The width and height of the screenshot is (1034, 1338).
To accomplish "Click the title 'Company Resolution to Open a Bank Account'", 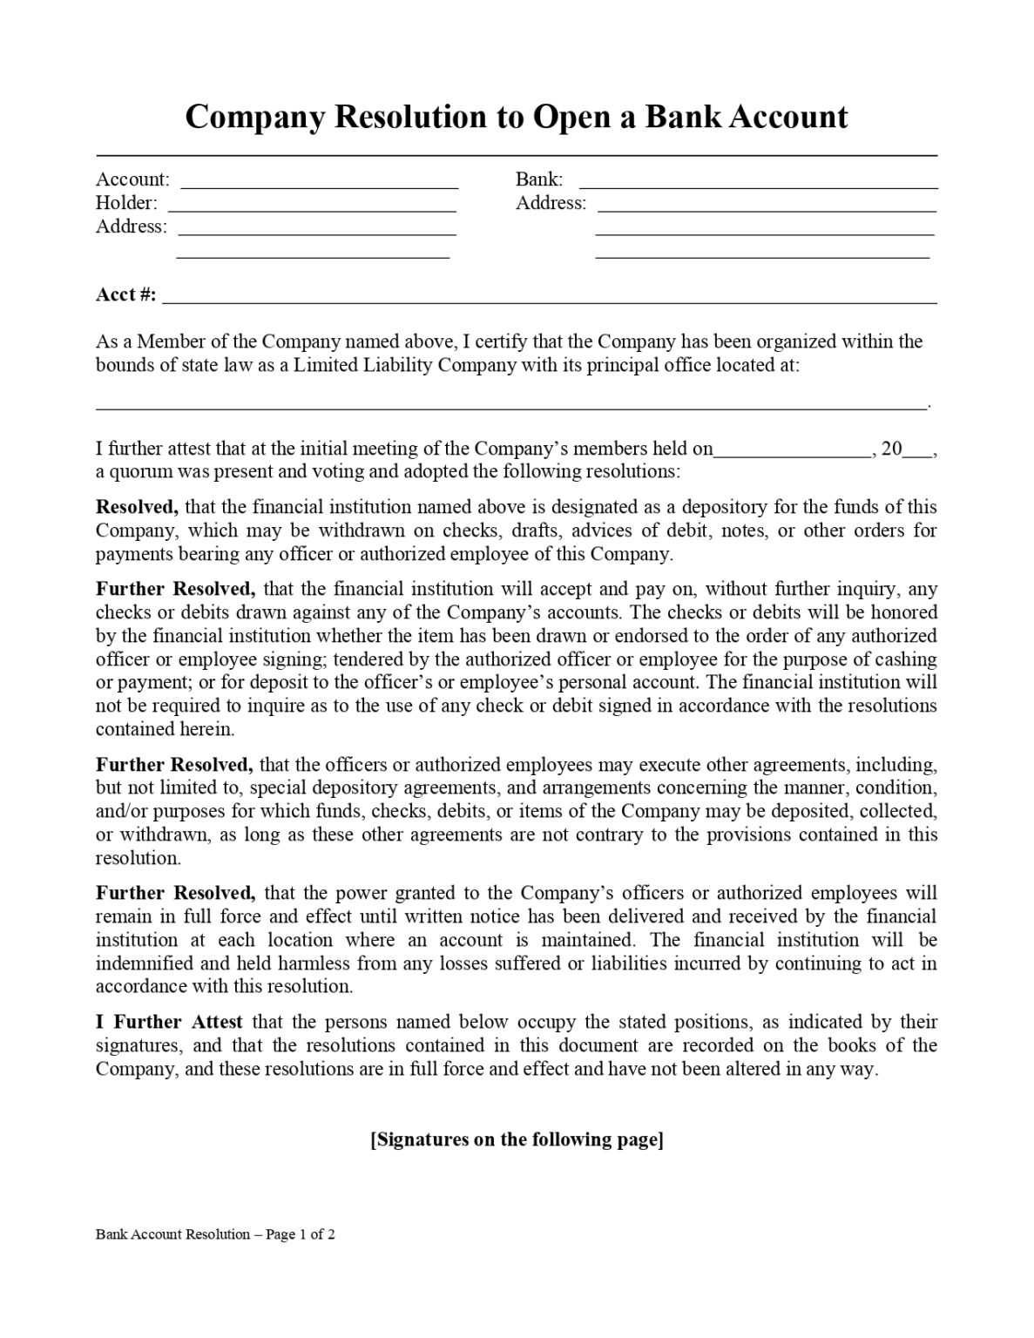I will pos(516,117).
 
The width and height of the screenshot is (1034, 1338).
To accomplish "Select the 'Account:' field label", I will pos(132,179).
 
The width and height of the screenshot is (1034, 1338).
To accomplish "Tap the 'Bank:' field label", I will pos(539,179).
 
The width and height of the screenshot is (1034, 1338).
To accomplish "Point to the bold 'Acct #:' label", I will pos(126,294).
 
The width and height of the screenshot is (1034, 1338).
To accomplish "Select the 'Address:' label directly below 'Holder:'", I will pos(131,226).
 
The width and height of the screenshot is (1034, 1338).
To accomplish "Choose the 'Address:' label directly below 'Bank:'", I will pos(551,203).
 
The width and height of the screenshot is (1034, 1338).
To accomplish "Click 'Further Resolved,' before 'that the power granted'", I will pos(175,893).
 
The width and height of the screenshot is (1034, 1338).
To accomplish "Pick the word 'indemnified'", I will pos(140,963).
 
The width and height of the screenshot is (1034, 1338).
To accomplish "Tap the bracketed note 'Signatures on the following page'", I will pos(517,1139).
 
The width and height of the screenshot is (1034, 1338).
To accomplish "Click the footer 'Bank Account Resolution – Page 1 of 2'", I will pos(215,1234).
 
